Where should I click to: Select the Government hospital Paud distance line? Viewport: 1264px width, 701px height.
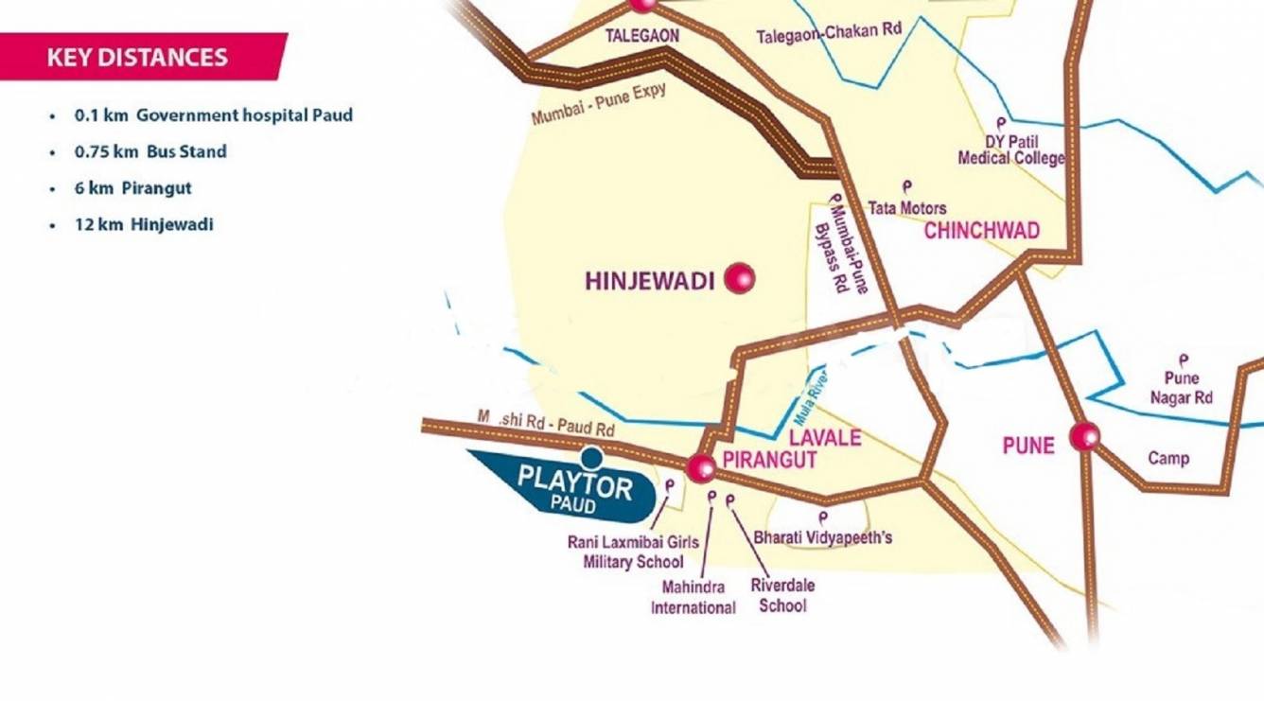pyautogui.click(x=213, y=115)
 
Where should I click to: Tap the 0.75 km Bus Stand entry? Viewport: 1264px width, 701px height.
pyautogui.click(x=150, y=151)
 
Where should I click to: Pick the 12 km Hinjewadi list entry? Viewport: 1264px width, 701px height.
pyautogui.click(x=144, y=225)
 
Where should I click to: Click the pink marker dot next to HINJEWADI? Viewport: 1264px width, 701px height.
pyautogui.click(x=739, y=278)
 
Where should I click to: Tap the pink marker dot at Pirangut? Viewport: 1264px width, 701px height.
pyautogui.click(x=701, y=465)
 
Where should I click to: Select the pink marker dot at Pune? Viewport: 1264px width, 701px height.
pyautogui.click(x=1084, y=436)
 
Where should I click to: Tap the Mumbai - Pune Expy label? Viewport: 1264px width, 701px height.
pyautogui.click(x=599, y=105)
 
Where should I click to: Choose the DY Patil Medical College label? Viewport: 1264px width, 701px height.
pyautogui.click(x=1010, y=150)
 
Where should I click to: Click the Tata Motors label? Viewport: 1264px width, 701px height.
pyautogui.click(x=906, y=207)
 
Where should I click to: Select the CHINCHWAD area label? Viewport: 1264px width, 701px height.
pyautogui.click(x=981, y=231)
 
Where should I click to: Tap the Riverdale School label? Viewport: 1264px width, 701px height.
pyautogui.click(x=782, y=594)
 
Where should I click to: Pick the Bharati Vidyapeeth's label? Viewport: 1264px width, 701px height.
pyautogui.click(x=822, y=537)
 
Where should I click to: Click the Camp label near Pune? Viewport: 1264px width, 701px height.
pyautogui.click(x=1168, y=459)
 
